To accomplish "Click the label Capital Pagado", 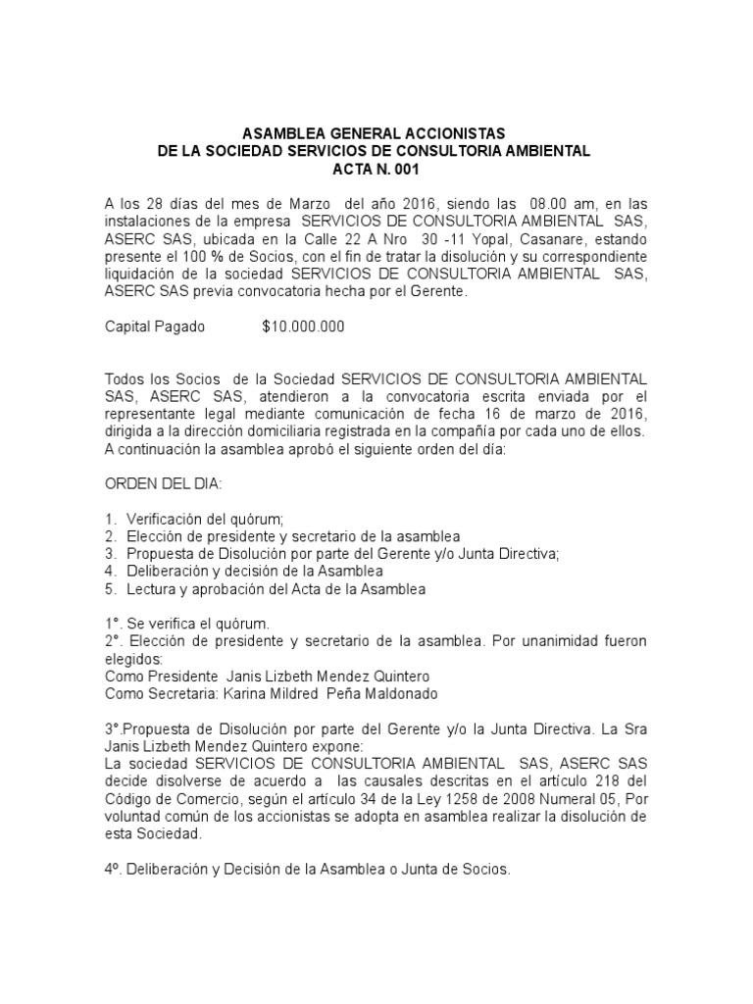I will click(155, 327).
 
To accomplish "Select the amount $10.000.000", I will click(304, 327).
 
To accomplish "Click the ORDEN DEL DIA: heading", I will click(163, 483).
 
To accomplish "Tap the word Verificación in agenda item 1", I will click(167, 519).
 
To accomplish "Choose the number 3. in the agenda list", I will click(110, 554).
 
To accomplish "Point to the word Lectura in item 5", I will click(151, 589).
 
